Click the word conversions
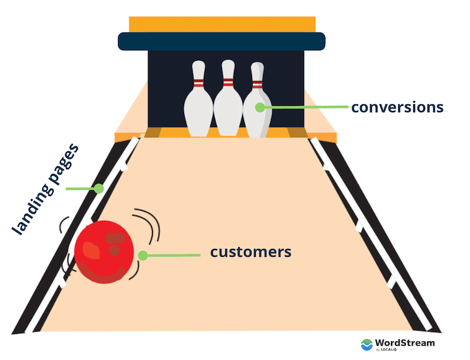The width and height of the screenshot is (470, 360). pyautogui.click(x=397, y=106)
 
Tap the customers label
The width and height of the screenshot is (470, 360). pyautogui.click(x=250, y=252)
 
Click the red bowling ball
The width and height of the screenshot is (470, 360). pyautogui.click(x=104, y=252)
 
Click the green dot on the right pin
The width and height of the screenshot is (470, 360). pyautogui.click(x=260, y=107)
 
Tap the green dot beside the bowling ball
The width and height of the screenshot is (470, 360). pyautogui.click(x=142, y=255)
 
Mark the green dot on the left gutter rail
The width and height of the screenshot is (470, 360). pyautogui.click(x=99, y=189)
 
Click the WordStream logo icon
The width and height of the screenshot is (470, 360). pyautogui.click(x=368, y=344)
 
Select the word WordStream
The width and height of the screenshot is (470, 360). pyautogui.click(x=406, y=342)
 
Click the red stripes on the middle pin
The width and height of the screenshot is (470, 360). pyautogui.click(x=227, y=83)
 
